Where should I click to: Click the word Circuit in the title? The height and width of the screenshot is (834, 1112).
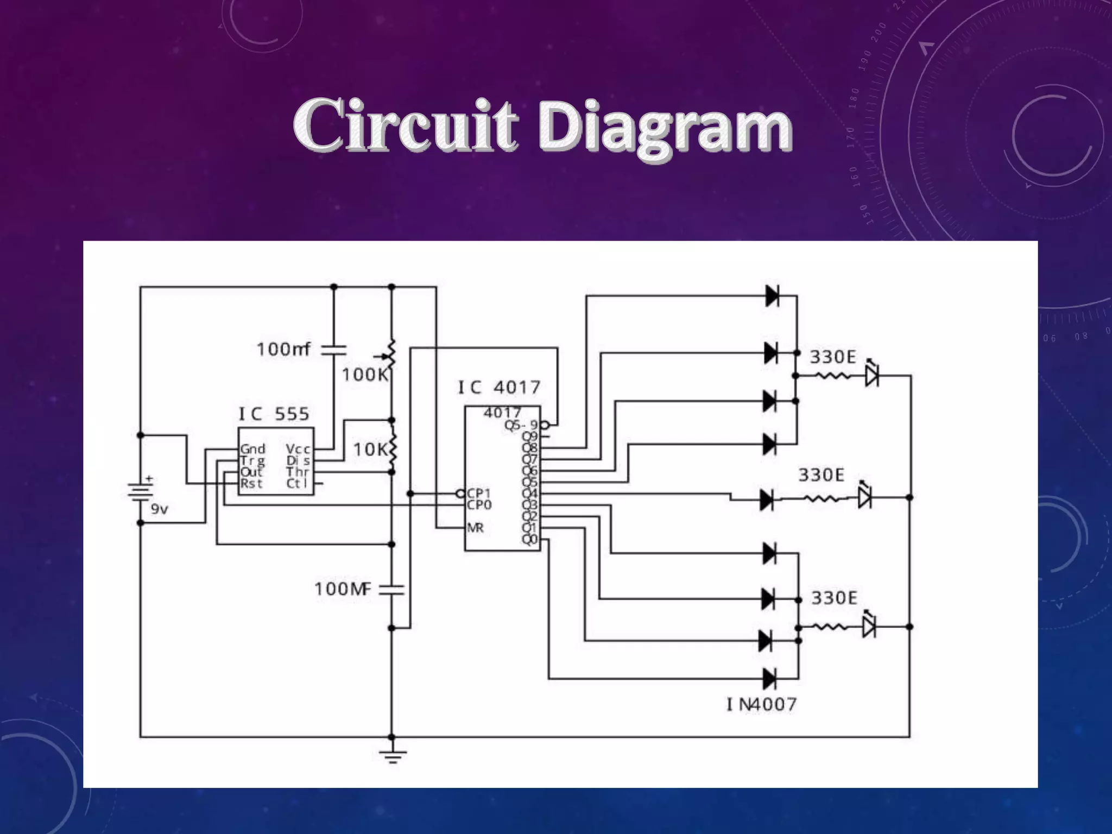click(x=405, y=126)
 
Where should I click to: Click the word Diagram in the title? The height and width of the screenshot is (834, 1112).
click(x=666, y=128)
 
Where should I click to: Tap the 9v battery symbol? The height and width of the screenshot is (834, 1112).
click(x=141, y=491)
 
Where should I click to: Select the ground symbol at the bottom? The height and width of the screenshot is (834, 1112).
click(x=392, y=755)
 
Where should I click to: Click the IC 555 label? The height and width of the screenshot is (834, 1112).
click(x=274, y=414)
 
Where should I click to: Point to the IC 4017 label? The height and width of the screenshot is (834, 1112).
click(x=499, y=387)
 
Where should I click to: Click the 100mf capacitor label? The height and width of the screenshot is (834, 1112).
click(x=283, y=349)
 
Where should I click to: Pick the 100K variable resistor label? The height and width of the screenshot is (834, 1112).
click(x=365, y=374)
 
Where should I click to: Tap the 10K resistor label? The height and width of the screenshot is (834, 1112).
click(x=371, y=449)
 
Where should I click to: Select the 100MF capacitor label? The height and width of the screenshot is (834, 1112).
click(x=343, y=589)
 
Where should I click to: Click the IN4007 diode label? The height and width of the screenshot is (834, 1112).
click(x=761, y=705)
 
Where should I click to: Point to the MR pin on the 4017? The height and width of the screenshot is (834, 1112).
click(x=475, y=528)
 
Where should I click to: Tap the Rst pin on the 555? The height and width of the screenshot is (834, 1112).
click(x=251, y=484)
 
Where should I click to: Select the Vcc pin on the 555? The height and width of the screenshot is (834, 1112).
click(x=298, y=448)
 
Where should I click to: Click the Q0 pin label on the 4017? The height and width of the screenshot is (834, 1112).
click(x=529, y=539)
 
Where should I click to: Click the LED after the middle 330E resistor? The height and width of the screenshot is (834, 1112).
click(x=864, y=497)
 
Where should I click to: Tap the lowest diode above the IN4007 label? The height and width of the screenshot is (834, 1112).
click(x=769, y=678)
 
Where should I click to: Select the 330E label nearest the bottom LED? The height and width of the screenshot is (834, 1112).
click(x=834, y=598)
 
